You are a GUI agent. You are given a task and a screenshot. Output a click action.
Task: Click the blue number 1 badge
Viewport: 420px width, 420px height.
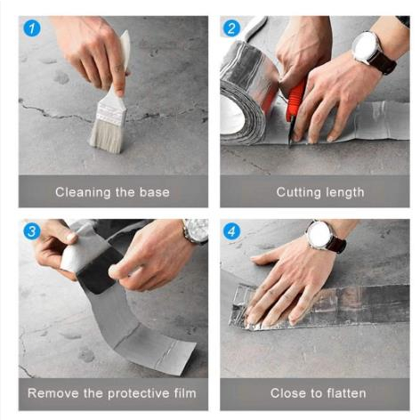tap(32, 28)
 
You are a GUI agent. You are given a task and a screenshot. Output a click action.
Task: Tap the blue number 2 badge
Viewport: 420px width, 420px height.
tap(231, 28)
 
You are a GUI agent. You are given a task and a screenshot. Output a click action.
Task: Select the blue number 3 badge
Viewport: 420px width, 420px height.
tap(32, 231)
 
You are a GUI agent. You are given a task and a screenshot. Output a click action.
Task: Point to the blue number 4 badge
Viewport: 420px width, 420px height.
tap(231, 231)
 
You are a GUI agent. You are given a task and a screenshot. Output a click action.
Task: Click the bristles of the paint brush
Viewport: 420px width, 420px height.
tap(106, 137)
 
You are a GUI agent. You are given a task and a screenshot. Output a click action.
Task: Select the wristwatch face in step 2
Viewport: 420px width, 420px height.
tap(365, 46)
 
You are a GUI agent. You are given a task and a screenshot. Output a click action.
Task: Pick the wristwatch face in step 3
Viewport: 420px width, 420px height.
tap(196, 229)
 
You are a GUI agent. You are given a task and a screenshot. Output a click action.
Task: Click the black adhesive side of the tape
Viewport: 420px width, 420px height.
tap(96, 271)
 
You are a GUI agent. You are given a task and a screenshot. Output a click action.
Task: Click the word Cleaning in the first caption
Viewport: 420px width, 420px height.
tap(83, 192)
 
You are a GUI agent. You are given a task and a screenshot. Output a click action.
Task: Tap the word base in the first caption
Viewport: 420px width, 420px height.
tap(155, 192)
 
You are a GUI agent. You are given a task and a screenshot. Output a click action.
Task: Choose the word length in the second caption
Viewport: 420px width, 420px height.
tap(345, 192)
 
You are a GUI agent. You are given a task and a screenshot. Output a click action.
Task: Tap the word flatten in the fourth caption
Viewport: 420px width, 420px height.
tap(346, 393)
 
